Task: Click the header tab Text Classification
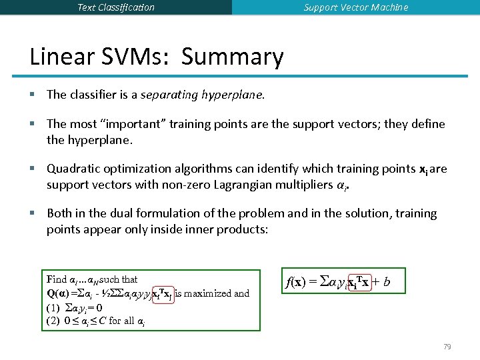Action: pyautogui.click(x=116, y=7)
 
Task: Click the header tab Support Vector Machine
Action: pyautogui.click(x=356, y=7)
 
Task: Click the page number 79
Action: pyautogui.click(x=447, y=347)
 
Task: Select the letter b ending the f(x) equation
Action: pyautogui.click(x=386, y=283)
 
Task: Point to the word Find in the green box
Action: pyautogui.click(x=57, y=279)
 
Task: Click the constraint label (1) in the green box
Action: pyautogui.click(x=53, y=308)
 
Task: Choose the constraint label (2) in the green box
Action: pyautogui.click(x=53, y=321)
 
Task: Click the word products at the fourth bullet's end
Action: pyautogui.click(x=242, y=229)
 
